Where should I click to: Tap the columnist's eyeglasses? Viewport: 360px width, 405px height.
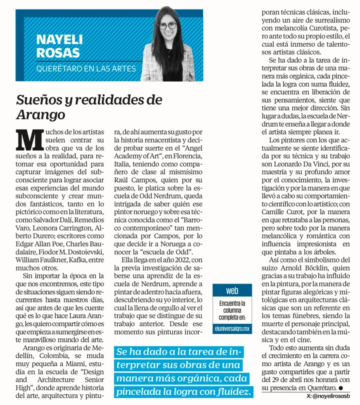tap(168, 26)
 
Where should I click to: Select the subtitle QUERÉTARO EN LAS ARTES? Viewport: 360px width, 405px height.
tap(86, 68)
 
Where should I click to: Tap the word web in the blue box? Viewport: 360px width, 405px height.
tap(232, 291)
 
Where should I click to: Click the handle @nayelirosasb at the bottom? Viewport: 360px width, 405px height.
tap(331, 397)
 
